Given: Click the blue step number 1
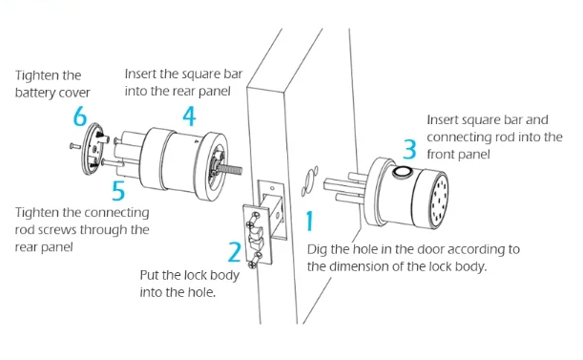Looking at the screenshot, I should click(309, 222).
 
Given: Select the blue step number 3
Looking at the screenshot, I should click(409, 150).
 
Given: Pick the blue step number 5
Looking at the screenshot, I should click(118, 190).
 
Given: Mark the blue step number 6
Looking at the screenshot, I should click(80, 117).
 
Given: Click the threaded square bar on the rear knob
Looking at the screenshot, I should click(233, 172).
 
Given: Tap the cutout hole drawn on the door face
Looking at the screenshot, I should click(307, 180).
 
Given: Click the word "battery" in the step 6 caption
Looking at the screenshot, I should click(35, 94).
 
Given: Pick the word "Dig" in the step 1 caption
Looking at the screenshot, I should click(319, 249).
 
